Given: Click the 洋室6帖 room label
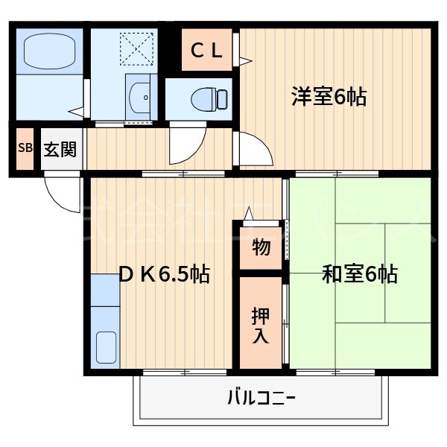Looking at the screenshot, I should tap(329, 97).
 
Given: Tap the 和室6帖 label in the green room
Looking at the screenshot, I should tap(359, 274).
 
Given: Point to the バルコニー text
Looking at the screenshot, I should tap(261, 399).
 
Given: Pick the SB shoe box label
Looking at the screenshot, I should tap(25, 148).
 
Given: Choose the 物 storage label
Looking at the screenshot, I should tap(261, 247).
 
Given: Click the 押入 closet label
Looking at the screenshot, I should tap(261, 323).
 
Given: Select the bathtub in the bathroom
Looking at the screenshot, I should tap(48, 51).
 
